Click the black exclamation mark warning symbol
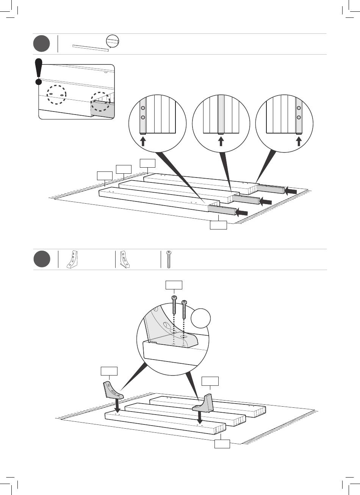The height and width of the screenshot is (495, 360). [38, 71]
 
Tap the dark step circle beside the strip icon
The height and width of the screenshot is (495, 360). [41, 44]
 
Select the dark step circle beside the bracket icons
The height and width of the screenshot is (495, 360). [41, 259]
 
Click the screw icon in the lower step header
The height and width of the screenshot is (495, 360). [169, 259]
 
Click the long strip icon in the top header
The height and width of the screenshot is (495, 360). [90, 47]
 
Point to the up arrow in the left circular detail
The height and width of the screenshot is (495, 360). [143, 141]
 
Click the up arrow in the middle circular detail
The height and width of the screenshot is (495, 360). [221, 141]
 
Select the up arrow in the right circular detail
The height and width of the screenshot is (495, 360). [299, 141]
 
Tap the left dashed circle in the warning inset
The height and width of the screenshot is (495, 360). [56, 94]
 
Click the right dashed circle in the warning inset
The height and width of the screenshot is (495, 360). [100, 101]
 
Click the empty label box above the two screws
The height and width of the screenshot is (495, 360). [174, 285]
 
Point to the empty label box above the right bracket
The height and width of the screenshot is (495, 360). [210, 381]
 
